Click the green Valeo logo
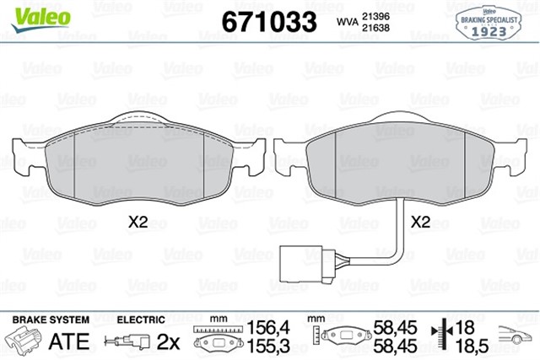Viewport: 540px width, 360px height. click(x=40, y=19)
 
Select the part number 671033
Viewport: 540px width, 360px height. click(x=269, y=22)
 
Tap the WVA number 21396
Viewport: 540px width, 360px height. click(x=375, y=16)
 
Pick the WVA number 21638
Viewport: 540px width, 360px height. click(x=375, y=28)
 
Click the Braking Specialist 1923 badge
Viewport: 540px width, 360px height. click(x=489, y=23)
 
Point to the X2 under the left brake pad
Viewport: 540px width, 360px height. click(x=138, y=223)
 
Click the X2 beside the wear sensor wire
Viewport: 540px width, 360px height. click(x=420, y=223)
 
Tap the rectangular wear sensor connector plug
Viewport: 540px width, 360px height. click(x=302, y=264)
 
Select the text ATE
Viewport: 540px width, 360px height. click(x=69, y=341)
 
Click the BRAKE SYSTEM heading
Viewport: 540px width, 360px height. click(x=51, y=320)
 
